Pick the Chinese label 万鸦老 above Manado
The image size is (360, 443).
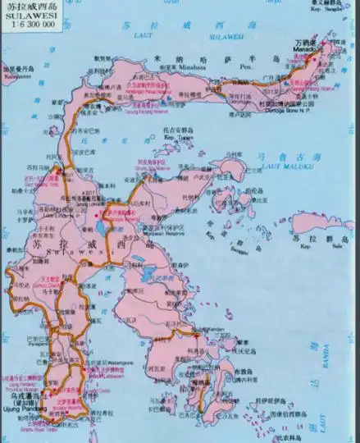pyautogui.click(x=304, y=40)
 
